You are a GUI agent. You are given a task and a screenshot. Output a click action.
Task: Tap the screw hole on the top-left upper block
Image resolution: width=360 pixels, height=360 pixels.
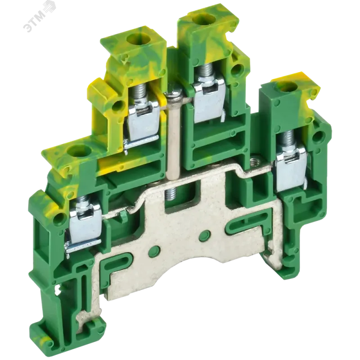(134, 37)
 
